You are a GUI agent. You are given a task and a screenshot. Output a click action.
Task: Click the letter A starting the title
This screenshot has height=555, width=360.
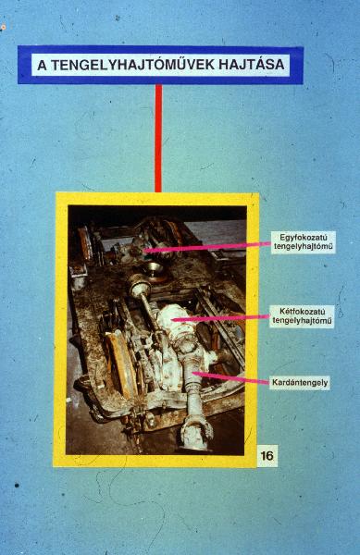42,65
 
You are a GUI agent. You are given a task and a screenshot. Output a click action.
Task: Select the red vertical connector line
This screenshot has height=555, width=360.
158,138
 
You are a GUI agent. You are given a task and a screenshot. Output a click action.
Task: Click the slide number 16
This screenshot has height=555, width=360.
267,455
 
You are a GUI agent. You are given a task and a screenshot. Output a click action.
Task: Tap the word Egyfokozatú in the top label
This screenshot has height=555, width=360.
303,237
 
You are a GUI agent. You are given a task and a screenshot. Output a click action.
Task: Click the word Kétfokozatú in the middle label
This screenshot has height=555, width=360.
303,313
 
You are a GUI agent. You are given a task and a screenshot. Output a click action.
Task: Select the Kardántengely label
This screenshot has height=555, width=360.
300,383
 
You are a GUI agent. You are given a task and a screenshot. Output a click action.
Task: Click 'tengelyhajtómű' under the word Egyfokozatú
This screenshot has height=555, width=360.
304,247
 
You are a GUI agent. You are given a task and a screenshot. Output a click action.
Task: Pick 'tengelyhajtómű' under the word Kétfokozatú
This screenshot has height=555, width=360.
302,321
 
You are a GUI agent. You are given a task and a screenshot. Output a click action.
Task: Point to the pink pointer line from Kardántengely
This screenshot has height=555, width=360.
232,377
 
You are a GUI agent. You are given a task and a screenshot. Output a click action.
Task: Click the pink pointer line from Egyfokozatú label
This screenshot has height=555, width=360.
207,247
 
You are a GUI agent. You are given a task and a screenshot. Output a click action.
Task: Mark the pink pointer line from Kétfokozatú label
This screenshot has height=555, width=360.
221,318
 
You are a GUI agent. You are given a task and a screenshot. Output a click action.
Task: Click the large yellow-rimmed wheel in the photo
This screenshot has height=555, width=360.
121,364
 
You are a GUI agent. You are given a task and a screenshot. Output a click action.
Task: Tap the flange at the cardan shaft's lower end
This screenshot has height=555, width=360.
197,433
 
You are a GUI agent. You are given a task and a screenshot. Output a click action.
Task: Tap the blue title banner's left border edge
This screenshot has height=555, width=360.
20,65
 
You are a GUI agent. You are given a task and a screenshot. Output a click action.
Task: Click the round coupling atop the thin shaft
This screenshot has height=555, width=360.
139,285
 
